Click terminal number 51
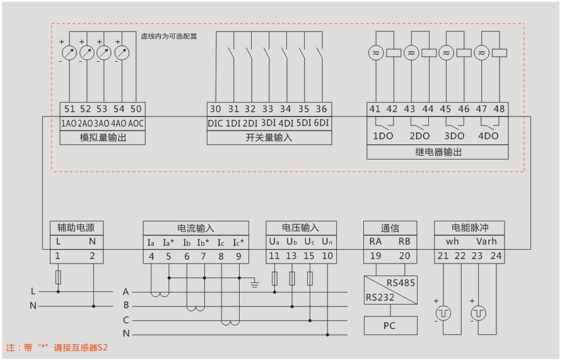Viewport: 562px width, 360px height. (69, 109)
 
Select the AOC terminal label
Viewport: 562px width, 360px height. (136, 123)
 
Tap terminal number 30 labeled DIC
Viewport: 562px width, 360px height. (215, 109)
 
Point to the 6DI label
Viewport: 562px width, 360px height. (322, 123)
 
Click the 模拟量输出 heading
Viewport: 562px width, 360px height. (103, 137)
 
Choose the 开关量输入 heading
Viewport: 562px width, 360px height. (269, 137)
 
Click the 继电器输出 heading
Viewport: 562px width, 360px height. (438, 152)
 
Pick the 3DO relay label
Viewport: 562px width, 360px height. (454, 136)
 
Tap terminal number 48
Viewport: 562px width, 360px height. (500, 109)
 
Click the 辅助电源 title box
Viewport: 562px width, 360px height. (76, 228)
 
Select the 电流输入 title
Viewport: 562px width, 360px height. (196, 228)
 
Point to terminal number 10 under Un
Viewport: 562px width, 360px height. (327, 256)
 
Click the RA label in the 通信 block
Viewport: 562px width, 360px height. (375, 241)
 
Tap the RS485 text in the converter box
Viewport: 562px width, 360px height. (401, 283)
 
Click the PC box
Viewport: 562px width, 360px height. (390, 325)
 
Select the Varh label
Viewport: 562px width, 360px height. (486, 241)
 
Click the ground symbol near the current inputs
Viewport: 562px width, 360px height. (255, 282)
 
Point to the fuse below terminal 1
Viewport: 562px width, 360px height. (58, 277)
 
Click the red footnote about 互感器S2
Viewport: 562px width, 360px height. (57, 347)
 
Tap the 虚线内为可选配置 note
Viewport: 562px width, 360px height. (168, 37)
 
